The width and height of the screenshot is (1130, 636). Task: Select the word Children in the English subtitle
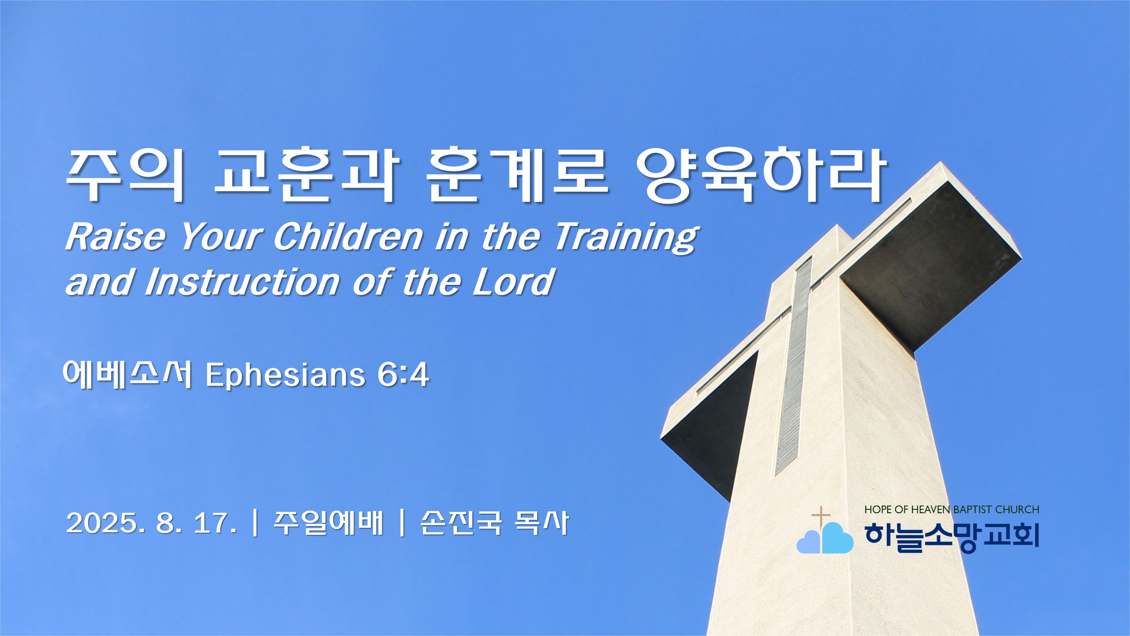click(348, 237)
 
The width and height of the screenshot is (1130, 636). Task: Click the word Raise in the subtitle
click(115, 237)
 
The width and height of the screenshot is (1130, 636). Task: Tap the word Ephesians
click(285, 376)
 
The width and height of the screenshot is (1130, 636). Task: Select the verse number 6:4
click(403, 375)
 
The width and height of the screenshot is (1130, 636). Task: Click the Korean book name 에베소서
click(127, 375)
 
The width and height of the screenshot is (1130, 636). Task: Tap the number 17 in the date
click(214, 523)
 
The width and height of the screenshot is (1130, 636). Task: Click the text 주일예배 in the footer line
click(328, 523)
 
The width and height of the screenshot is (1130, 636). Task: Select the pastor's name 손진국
click(461, 523)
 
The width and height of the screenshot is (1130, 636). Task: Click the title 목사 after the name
click(542, 523)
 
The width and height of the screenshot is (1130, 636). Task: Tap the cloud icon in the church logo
click(825, 538)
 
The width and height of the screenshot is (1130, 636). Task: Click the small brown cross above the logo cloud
click(821, 517)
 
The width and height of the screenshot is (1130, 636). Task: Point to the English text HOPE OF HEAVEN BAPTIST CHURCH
click(952, 510)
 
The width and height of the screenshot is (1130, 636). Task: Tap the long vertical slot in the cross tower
click(793, 367)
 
